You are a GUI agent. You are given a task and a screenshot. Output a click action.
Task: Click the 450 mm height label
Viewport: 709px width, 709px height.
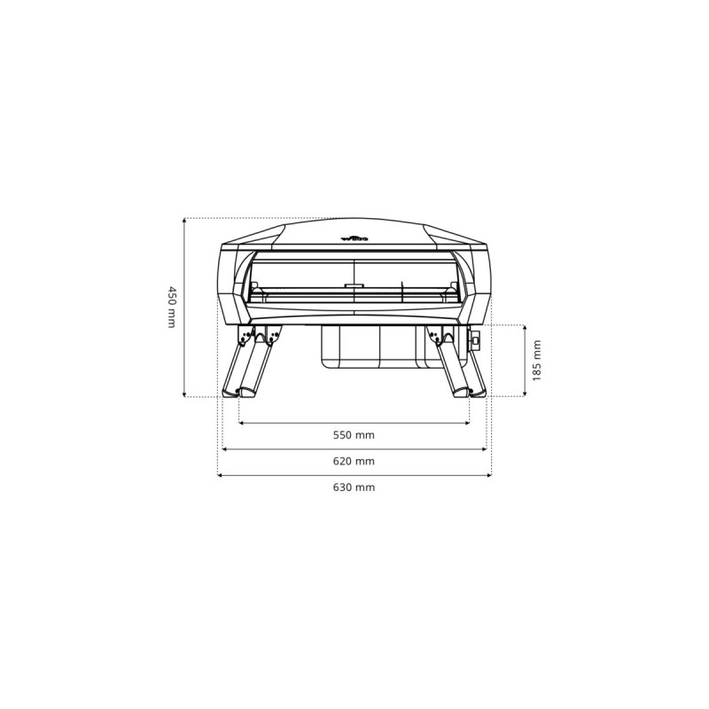(x=172, y=308)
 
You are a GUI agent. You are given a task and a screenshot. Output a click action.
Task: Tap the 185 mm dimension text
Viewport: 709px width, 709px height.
(x=536, y=361)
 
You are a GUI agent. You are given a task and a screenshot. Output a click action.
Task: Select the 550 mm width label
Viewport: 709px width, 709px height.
(x=354, y=435)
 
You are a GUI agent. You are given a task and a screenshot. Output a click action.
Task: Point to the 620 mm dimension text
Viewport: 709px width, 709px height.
(x=354, y=462)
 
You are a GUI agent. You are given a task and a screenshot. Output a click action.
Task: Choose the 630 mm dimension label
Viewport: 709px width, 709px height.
(x=354, y=488)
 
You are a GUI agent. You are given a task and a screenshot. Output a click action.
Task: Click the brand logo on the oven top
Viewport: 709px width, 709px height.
(x=354, y=238)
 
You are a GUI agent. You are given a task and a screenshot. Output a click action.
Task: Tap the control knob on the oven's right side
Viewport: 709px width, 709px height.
(x=476, y=340)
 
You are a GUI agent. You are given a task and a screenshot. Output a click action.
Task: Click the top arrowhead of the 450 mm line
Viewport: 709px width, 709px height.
(x=183, y=220)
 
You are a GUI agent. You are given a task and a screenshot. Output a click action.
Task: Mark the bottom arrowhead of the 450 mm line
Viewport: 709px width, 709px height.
(x=183, y=395)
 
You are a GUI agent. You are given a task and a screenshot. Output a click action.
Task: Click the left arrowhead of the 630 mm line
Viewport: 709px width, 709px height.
(x=220, y=476)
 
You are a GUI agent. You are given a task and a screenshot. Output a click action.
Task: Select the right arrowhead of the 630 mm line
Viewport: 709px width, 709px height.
(x=489, y=476)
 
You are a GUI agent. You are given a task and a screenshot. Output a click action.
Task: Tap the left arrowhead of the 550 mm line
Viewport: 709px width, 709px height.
(x=241, y=423)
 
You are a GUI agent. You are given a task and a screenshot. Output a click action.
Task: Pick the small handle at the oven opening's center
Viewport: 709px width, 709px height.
(x=354, y=286)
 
